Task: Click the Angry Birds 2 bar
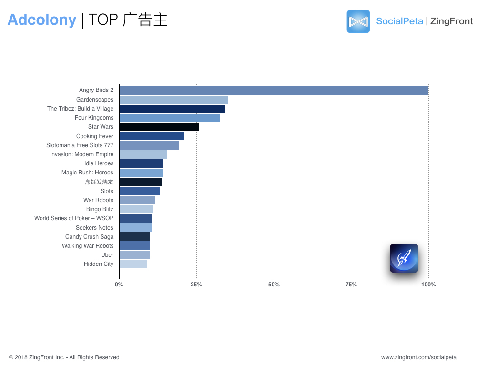pyautogui.click(x=274, y=91)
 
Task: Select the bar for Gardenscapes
pyautogui.click(x=173, y=100)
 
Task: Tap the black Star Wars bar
pyautogui.click(x=159, y=127)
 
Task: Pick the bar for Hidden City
pyautogui.click(x=133, y=264)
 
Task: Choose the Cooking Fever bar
pyautogui.click(x=152, y=136)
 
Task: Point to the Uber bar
pyautogui.click(x=135, y=254)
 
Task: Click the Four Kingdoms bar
pyautogui.click(x=170, y=118)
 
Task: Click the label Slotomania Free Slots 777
pyautogui.click(x=80, y=145)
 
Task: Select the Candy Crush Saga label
pyautogui.click(x=89, y=237)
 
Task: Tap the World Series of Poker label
pyautogui.click(x=74, y=218)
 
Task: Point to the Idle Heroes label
pyautogui.click(x=99, y=163)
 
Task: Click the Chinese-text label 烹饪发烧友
pyautogui.click(x=99, y=182)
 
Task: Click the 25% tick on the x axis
pyautogui.click(x=196, y=285)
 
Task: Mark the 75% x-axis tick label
pyautogui.click(x=351, y=285)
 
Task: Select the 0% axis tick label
pyautogui.click(x=119, y=285)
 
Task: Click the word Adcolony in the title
pyautogui.click(x=42, y=20)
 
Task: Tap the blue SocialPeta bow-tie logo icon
pyautogui.click(x=358, y=21)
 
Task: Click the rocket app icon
pyautogui.click(x=404, y=258)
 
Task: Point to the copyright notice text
pyautogui.click(x=64, y=357)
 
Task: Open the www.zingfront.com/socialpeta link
pyautogui.click(x=419, y=357)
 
